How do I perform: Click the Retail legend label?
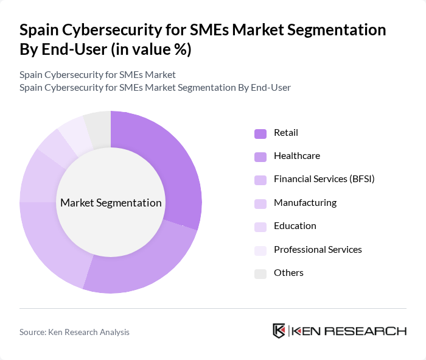pyautogui.click(x=285, y=133)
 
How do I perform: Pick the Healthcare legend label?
pyautogui.click(x=296, y=156)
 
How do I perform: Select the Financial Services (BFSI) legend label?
pyautogui.click(x=324, y=179)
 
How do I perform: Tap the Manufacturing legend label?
pyautogui.click(x=305, y=203)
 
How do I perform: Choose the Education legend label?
pyautogui.click(x=295, y=226)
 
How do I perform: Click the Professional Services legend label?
pyautogui.click(x=318, y=250)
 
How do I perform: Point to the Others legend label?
pyautogui.click(x=288, y=273)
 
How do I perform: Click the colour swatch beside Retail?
pyautogui.click(x=260, y=133)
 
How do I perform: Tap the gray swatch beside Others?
pyautogui.click(x=260, y=274)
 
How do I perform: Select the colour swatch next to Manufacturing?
pyautogui.click(x=260, y=203)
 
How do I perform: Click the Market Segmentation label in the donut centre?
pyautogui.click(x=111, y=203)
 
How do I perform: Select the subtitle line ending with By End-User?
pyautogui.click(x=155, y=88)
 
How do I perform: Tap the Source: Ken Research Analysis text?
pyautogui.click(x=74, y=332)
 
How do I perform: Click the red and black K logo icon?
pyautogui.click(x=279, y=331)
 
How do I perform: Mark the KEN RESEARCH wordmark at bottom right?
pyautogui.click(x=349, y=331)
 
